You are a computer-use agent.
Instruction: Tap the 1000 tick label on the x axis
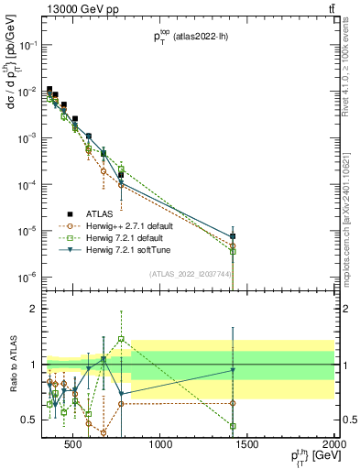click(160, 445)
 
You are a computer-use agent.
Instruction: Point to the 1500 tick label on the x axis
click(247, 445)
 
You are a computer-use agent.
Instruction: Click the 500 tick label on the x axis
click(75, 445)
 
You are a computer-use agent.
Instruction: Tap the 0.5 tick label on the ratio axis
click(27, 420)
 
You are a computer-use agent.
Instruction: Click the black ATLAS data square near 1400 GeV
click(234, 236)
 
